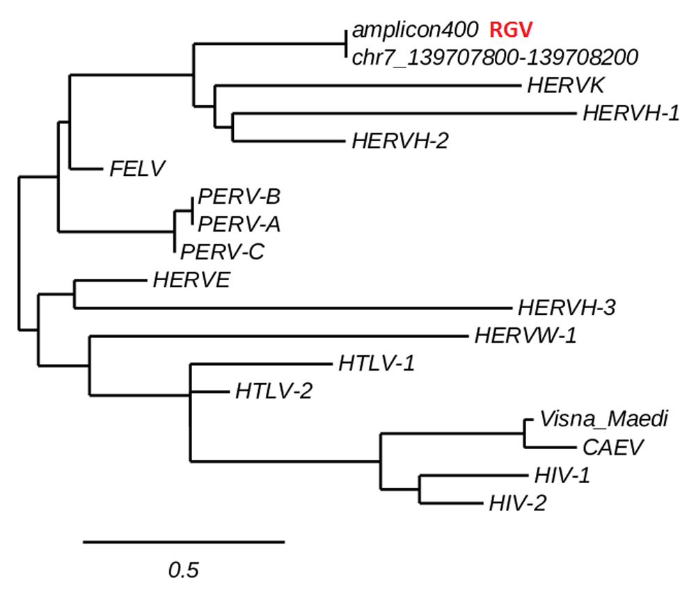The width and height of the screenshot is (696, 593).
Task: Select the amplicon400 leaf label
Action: click(415, 30)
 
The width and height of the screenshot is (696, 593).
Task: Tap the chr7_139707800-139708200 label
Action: click(496, 56)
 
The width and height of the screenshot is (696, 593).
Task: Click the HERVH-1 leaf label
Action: click(631, 113)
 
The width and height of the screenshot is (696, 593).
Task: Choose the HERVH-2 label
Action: click(400, 140)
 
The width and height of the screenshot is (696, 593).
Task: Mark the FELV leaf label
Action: click(136, 168)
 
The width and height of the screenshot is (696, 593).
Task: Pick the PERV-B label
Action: click(239, 196)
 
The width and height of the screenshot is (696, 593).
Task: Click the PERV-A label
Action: click(239, 224)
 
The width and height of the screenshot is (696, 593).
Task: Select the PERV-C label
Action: click(222, 251)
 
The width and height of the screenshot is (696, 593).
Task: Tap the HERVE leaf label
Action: click(191, 279)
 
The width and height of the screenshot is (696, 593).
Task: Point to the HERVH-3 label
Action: click(566, 307)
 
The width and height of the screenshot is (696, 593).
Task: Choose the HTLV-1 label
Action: click(377, 363)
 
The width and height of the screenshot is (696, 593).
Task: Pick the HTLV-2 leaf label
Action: click(273, 391)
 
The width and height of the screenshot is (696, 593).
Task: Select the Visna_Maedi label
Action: click(603, 419)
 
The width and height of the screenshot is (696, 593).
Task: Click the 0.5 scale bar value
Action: click(184, 570)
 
